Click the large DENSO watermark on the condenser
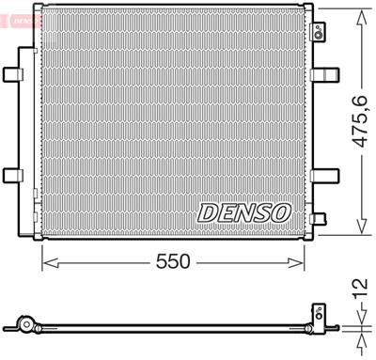[243, 212]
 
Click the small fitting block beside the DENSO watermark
[319, 219]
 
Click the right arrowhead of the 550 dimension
[305, 261]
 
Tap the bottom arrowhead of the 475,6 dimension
[360, 229]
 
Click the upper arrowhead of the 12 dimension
[359, 321]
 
